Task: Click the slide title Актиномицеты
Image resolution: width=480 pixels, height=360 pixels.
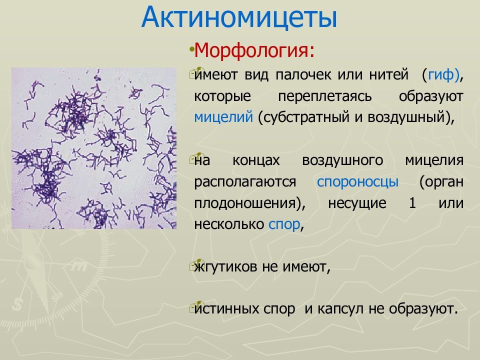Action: point(239,17)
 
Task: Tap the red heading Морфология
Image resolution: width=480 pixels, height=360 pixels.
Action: point(254,50)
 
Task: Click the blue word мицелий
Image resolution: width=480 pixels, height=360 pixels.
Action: point(223,117)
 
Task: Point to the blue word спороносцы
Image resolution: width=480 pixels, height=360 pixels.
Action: point(357,182)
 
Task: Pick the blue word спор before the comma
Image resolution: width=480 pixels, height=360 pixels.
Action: point(284,224)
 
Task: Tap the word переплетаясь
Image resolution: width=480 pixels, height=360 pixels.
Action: point(325,96)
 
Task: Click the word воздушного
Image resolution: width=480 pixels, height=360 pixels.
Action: point(342,160)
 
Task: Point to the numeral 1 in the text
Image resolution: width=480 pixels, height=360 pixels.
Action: point(412,203)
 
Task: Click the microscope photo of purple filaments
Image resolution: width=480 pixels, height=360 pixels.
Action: point(94,148)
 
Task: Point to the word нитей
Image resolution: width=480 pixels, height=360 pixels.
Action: point(389,74)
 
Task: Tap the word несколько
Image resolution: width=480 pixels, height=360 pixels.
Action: point(229,224)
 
